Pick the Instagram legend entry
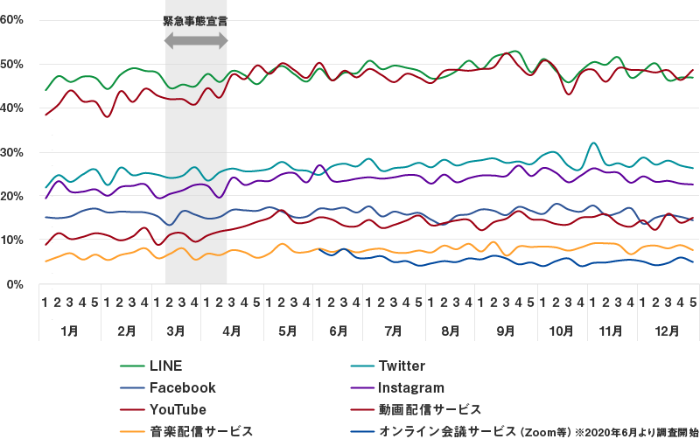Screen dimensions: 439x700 point(411,387)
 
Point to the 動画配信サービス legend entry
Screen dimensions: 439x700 point(429,408)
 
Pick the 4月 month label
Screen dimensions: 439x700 point(231,331)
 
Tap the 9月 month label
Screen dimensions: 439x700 point(505,331)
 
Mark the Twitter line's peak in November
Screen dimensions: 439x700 point(594,143)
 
